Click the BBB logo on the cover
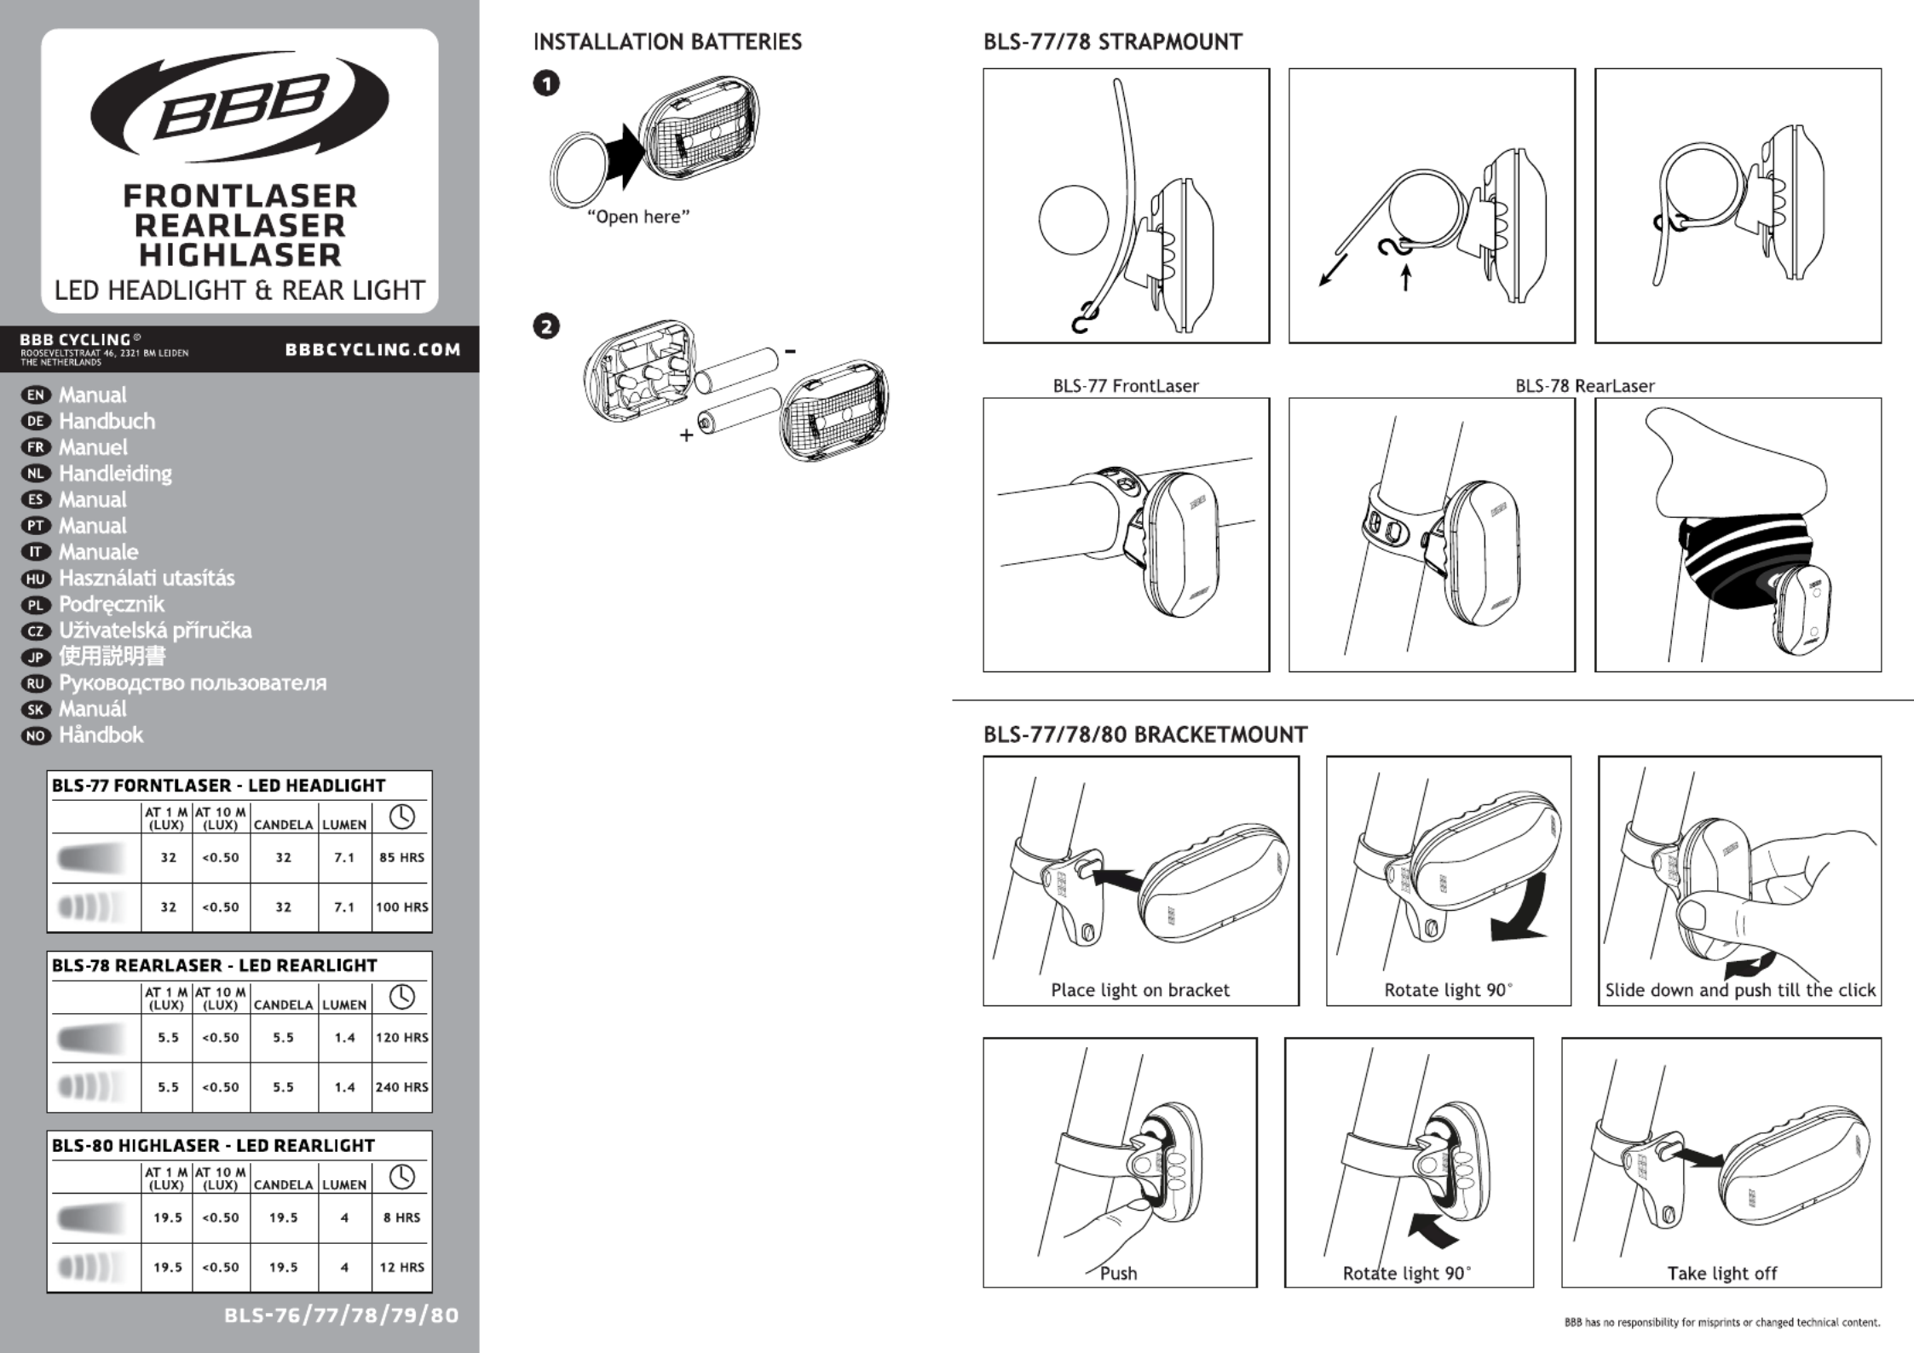click(x=239, y=107)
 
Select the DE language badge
click(x=36, y=421)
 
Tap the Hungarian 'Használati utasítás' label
click(x=147, y=579)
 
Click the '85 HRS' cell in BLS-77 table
click(x=401, y=857)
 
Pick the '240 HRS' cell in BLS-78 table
click(x=401, y=1087)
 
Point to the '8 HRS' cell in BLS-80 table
click(x=401, y=1218)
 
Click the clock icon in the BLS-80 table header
click(x=401, y=1177)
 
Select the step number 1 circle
click(x=546, y=83)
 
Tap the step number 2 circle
click(x=546, y=326)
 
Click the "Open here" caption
click(x=638, y=217)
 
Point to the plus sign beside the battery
click(x=686, y=435)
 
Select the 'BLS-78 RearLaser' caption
click(x=1584, y=386)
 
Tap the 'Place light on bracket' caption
click(x=1139, y=990)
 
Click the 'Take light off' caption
click(x=1721, y=1274)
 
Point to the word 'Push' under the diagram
click(x=1118, y=1274)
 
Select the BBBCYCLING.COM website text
click(x=372, y=349)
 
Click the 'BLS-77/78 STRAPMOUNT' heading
click(x=1112, y=42)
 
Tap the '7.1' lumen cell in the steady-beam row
click(x=344, y=857)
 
